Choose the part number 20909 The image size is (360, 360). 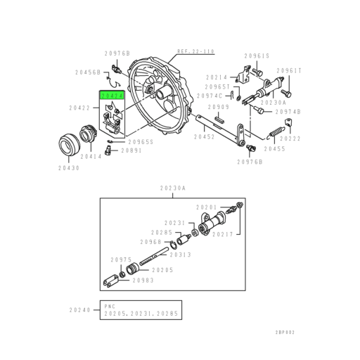[219, 107]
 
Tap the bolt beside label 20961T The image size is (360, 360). [285, 91]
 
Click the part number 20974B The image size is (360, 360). [288, 111]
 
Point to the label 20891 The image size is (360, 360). [131, 150]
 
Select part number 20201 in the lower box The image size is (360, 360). [207, 207]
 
